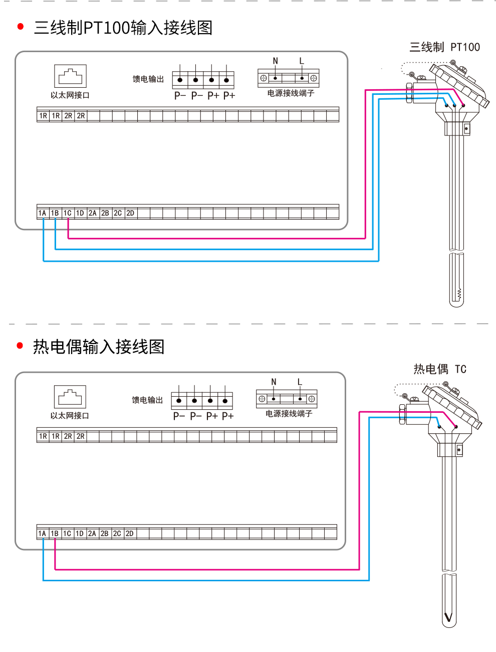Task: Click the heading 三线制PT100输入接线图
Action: point(123,28)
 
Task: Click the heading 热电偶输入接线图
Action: point(99,347)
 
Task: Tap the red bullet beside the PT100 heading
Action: point(21,27)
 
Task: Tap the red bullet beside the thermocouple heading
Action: point(20,346)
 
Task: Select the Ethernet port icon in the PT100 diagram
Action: point(71,76)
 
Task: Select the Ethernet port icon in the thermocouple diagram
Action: point(70,397)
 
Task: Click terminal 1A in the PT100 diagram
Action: point(43,213)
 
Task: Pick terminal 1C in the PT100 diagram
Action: point(68,213)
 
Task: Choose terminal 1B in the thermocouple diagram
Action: point(55,534)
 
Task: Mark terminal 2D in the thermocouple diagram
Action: point(130,534)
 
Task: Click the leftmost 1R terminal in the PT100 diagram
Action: point(43,116)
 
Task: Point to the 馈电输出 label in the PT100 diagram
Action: point(148,79)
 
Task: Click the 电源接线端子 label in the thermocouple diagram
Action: point(289,414)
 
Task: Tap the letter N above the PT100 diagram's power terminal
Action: point(275,61)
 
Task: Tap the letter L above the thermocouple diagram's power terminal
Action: point(300,382)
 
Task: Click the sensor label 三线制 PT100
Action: point(444,47)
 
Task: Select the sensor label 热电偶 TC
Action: point(440,369)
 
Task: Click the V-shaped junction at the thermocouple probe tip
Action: point(448,617)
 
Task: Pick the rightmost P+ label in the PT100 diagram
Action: point(229,95)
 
